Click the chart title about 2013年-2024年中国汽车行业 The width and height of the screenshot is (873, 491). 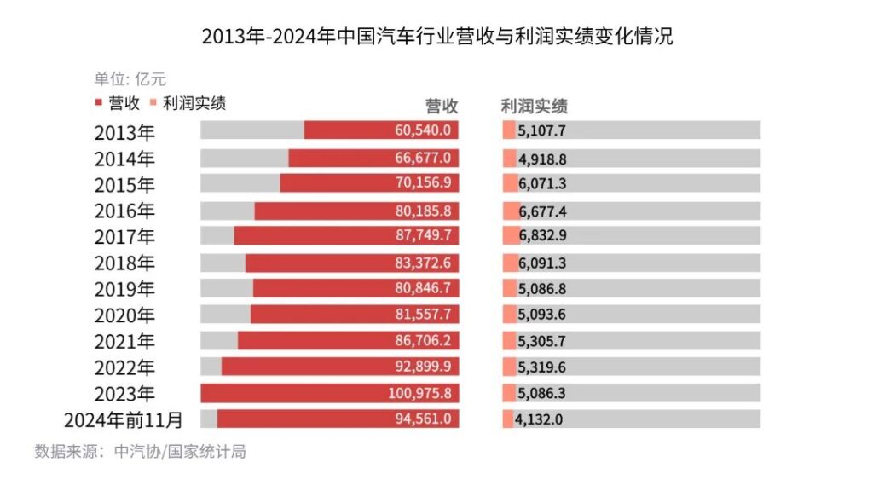[x=436, y=38]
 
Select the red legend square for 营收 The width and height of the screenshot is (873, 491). [x=98, y=103]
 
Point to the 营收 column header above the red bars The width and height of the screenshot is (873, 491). [x=442, y=106]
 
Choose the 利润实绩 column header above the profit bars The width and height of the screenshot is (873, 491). [x=535, y=106]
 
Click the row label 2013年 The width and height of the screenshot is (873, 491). [x=124, y=132]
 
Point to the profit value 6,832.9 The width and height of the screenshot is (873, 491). [x=542, y=236]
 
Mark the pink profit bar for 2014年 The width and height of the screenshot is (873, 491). [x=509, y=159]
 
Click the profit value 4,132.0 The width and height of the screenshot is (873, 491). [x=539, y=419]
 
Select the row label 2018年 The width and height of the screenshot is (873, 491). [x=124, y=263]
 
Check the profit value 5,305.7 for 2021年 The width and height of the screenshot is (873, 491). [x=542, y=341]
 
